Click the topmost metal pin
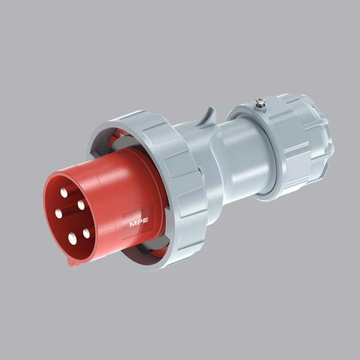pyautogui.click(x=64, y=192)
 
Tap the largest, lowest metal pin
pyautogui.click(x=73, y=238)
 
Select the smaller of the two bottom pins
pyautogui.click(x=86, y=233)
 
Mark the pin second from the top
pyautogui.click(x=81, y=205)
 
